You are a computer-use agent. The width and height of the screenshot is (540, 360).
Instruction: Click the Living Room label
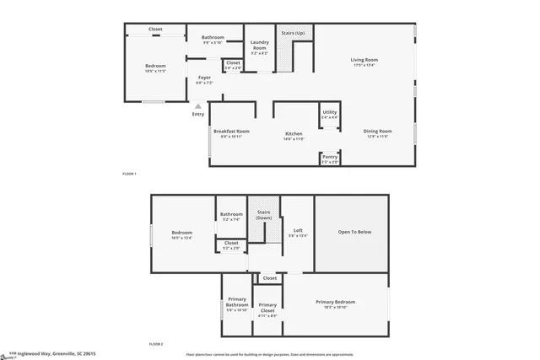coord(364,59)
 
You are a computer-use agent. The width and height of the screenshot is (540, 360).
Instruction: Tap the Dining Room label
coord(377,131)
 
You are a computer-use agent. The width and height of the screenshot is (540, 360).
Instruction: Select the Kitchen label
coord(294,134)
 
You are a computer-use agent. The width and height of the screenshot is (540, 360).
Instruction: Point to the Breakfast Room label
coord(231,131)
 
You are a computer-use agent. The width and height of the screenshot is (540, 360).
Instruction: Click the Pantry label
coord(330,156)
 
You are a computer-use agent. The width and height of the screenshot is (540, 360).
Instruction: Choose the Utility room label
coord(330,111)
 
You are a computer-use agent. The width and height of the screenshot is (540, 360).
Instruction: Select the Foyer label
coord(204,78)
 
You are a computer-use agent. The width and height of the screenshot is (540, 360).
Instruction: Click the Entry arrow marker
coord(198,105)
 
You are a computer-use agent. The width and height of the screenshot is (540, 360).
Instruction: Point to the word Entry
coord(198,114)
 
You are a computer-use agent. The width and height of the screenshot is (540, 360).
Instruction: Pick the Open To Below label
coord(354,232)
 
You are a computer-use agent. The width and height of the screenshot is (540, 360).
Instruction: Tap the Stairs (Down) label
coord(264,215)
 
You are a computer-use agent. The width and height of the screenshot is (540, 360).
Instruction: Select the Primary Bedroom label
coord(336,301)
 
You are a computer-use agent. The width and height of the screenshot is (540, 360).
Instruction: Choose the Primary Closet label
coord(267,307)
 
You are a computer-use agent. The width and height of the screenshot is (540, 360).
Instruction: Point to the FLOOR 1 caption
coord(129,174)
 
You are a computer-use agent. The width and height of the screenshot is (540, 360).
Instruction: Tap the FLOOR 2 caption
coord(155,344)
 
